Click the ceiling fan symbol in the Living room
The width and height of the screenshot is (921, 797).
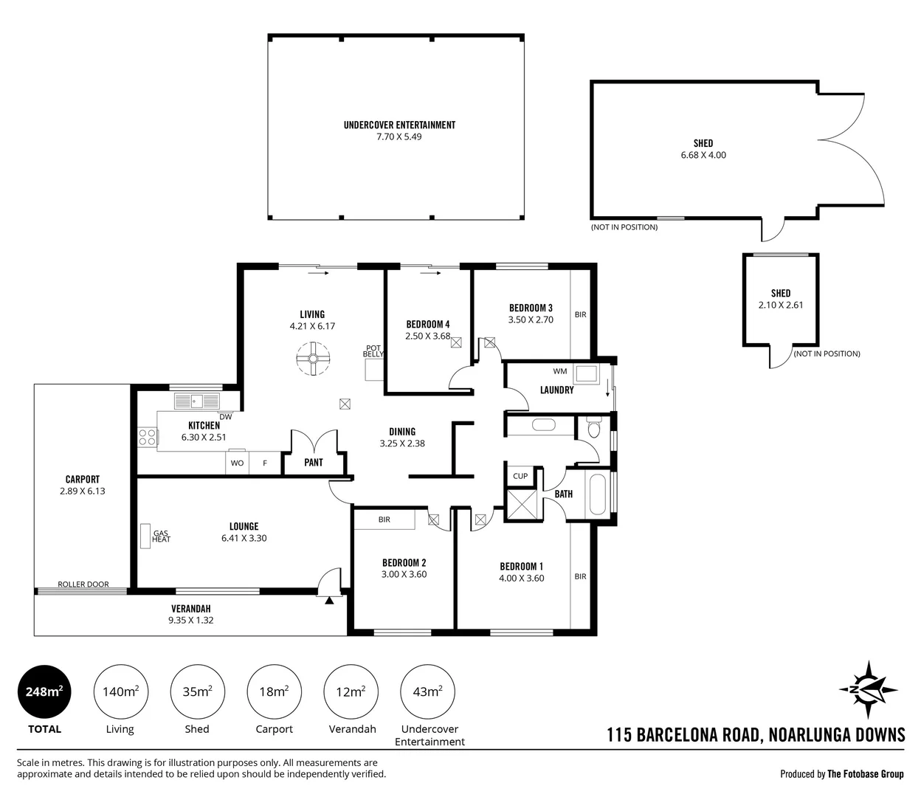pyautogui.click(x=313, y=359)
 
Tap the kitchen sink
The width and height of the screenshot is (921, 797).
pyautogui.click(x=197, y=401)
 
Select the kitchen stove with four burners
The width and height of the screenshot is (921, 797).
pyautogui.click(x=147, y=437)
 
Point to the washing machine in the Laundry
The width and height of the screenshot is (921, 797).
pyautogui.click(x=586, y=373)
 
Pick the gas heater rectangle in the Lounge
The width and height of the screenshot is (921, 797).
pyautogui.click(x=145, y=536)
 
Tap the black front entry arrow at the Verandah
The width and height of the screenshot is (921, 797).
pyautogui.click(x=329, y=600)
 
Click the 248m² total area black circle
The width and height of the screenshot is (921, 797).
pyautogui.click(x=44, y=692)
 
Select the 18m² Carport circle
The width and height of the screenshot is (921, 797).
pyautogui.click(x=274, y=692)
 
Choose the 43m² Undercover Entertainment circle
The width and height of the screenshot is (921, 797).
pyautogui.click(x=428, y=692)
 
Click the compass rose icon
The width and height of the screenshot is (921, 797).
pyautogui.click(x=868, y=689)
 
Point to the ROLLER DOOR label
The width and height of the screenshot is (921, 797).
pyautogui.click(x=83, y=584)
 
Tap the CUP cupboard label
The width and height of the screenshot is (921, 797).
pyautogui.click(x=520, y=476)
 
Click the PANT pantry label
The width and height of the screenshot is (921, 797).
pyautogui.click(x=314, y=463)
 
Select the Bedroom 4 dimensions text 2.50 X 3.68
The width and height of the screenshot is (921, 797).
pyautogui.click(x=428, y=336)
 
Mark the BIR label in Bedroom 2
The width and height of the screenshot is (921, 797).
pyautogui.click(x=384, y=520)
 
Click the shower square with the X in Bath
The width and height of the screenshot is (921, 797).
pyautogui.click(x=522, y=504)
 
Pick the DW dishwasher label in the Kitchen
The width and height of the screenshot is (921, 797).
pyautogui.click(x=226, y=417)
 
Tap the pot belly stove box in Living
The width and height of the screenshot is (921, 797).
pyautogui.click(x=374, y=370)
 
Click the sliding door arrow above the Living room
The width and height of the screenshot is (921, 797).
pyautogui.click(x=318, y=273)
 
